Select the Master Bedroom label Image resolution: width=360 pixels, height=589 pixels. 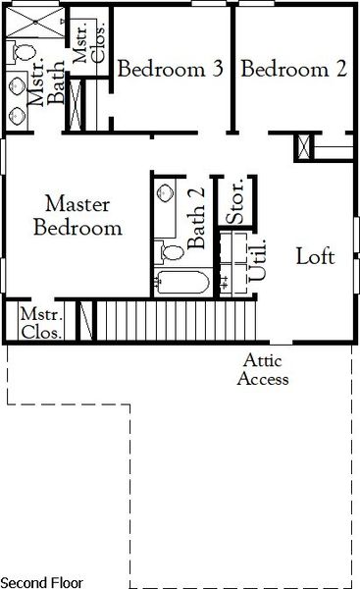(x=78, y=217)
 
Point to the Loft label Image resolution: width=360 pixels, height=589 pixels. (x=316, y=257)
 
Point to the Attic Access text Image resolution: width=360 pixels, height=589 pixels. (x=263, y=372)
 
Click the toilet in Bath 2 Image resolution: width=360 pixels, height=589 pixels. (x=172, y=253)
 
